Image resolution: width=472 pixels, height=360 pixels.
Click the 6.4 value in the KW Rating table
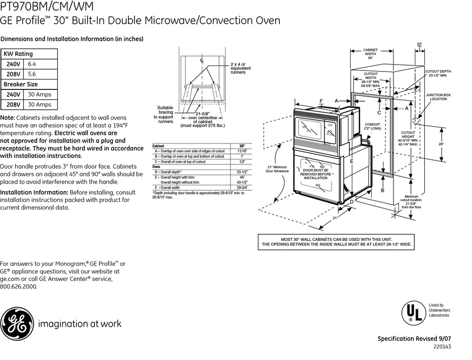pos(32,64)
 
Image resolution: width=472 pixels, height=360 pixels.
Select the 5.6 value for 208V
pos(32,74)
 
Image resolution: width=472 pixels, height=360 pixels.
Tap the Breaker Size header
pos(21,84)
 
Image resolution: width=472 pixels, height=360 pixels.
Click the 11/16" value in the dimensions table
pos(242,151)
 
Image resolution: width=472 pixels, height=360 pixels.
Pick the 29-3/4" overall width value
pos(242,188)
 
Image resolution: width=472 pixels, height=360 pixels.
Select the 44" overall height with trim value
pos(242,177)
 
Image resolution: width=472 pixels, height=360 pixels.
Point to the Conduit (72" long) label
pos(372,127)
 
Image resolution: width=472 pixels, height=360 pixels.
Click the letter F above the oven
pos(321,101)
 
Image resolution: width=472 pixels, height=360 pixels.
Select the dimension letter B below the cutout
pos(383,190)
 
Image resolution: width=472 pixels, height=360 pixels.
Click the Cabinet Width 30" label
pos(370,54)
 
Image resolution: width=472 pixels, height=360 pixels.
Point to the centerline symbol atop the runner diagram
pos(202,61)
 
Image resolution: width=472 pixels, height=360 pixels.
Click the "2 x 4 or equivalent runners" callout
pos(240,68)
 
